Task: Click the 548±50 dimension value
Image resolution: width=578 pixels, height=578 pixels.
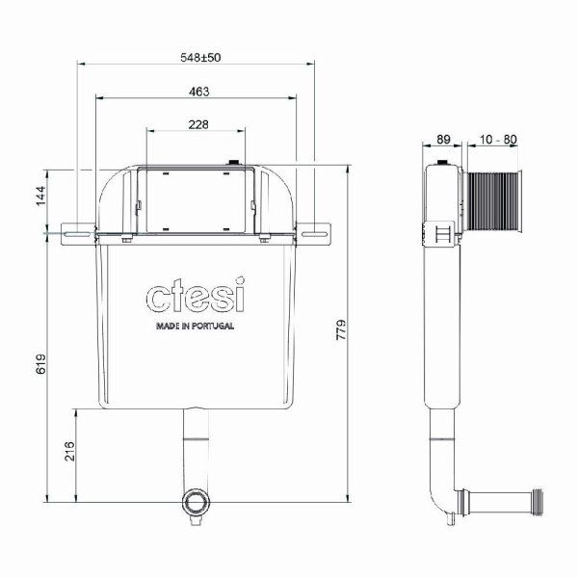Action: (200, 58)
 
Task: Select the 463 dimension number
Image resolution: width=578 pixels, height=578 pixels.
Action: (199, 91)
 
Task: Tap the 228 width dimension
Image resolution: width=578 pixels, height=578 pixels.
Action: (197, 123)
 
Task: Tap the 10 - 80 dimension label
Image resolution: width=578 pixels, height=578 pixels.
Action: (497, 139)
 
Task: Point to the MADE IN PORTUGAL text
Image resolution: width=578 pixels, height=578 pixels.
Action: (195, 326)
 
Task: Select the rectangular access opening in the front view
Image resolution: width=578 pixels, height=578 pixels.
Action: (197, 200)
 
